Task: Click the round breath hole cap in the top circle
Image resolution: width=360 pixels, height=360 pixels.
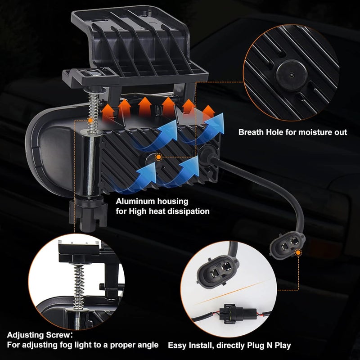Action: pyautogui.click(x=291, y=75)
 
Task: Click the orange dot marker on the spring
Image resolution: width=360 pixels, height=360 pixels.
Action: pyautogui.click(x=90, y=120)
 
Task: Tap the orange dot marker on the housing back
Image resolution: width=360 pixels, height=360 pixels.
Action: pyautogui.click(x=158, y=157)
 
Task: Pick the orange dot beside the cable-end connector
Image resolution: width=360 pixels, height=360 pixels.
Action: pyautogui.click(x=298, y=253)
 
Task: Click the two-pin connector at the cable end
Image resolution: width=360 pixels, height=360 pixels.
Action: pyautogui.click(x=287, y=246)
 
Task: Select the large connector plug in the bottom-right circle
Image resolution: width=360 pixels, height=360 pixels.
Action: pyautogui.click(x=217, y=272)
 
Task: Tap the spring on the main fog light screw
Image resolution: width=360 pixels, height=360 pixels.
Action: pyautogui.click(x=94, y=112)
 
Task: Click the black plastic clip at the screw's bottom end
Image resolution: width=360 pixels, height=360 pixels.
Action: pyautogui.click(x=88, y=215)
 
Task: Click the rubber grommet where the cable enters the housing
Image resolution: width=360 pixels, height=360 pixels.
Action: pyautogui.click(x=208, y=154)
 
